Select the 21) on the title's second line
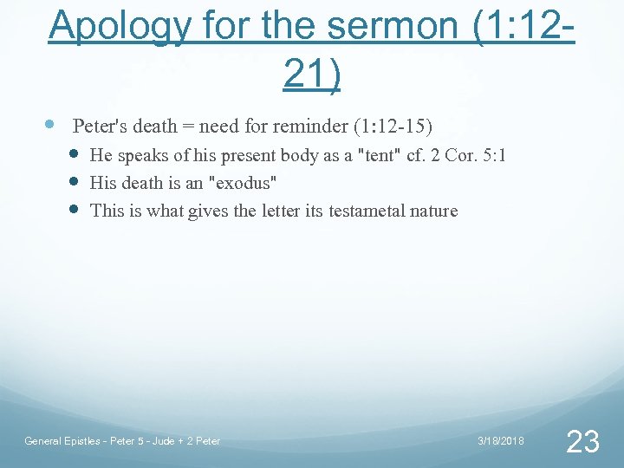[x=312, y=75]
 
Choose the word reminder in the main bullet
[x=310, y=127]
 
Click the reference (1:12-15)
[x=393, y=127]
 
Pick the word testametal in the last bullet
[x=368, y=211]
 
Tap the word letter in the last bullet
[x=280, y=211]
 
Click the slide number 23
[x=582, y=442]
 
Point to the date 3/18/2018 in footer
[x=501, y=441]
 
